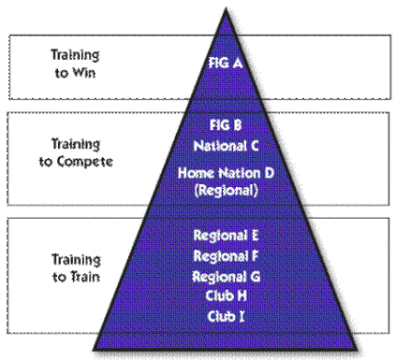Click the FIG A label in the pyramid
coord(226,63)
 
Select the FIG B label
coord(226,125)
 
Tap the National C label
coord(226,146)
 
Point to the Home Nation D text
coord(226,173)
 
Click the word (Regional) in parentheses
coord(227,191)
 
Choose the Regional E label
coord(227,236)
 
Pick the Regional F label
coord(226,256)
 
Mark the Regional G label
coord(227,277)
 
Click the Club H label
coord(227,295)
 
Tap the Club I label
coord(226,316)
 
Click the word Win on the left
coord(84,73)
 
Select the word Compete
coord(85,162)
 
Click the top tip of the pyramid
coord(226,8)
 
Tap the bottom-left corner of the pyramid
coord(94,349)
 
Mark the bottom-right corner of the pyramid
coord(357,349)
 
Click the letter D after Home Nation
coord(270,173)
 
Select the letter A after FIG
coord(237,64)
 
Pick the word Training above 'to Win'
coord(75,55)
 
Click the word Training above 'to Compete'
coord(76,144)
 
